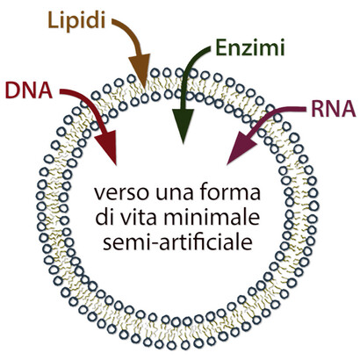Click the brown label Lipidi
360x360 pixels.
tap(76, 20)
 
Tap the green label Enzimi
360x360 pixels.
tap(250, 47)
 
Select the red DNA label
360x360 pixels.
tap(29, 90)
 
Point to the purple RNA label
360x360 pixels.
tap(334, 109)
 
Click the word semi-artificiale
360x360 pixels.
tap(177, 242)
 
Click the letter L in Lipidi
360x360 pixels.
tap(54, 20)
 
